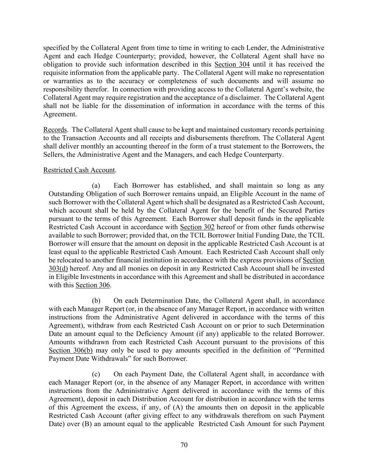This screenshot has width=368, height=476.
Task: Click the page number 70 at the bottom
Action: click(x=184, y=445)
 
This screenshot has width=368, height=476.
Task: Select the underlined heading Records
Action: click(x=55, y=130)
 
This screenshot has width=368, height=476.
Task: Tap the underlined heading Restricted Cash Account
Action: click(x=79, y=170)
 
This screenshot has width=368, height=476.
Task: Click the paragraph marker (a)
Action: click(x=96, y=186)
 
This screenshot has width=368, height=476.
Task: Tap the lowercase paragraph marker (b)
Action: click(x=96, y=301)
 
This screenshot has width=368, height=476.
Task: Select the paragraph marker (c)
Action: click(x=96, y=374)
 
